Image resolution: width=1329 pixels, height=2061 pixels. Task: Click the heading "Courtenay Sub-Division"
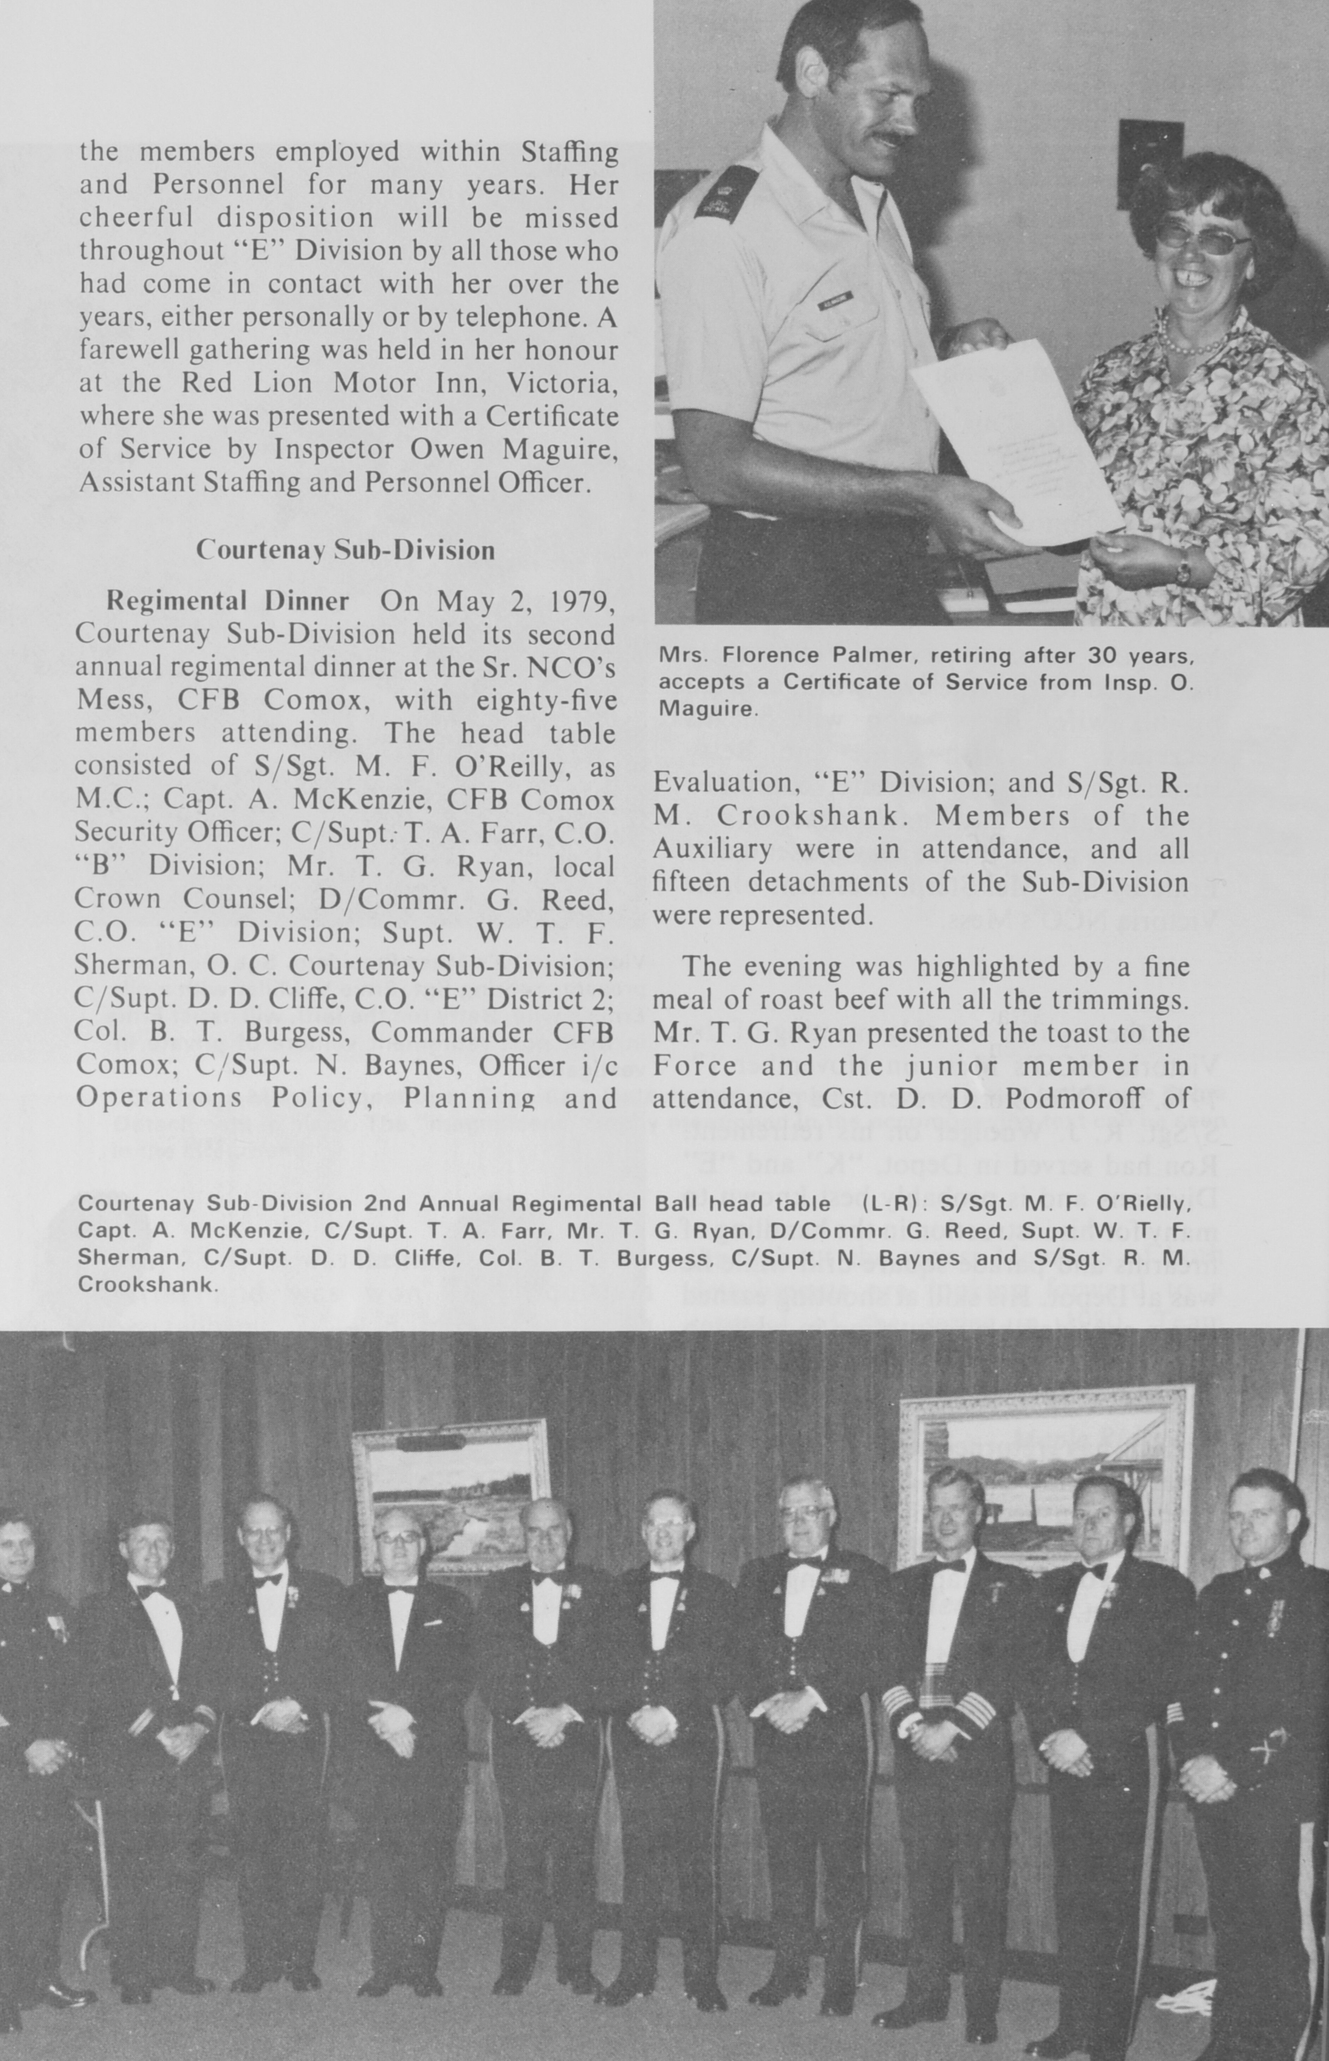click(x=345, y=550)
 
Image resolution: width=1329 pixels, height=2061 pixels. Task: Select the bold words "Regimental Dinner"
click(x=227, y=601)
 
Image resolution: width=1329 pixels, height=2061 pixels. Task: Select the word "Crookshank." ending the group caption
click(x=147, y=1284)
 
